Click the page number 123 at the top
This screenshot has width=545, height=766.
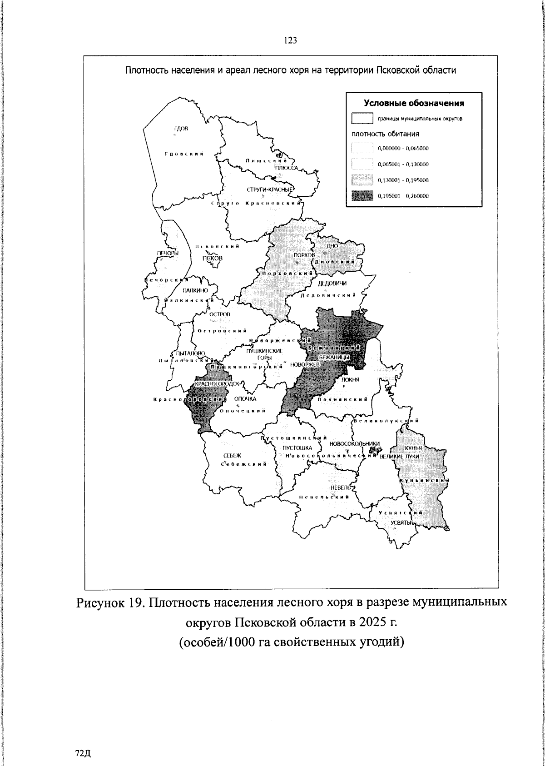(x=290, y=41)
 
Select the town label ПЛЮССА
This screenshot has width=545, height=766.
(x=286, y=168)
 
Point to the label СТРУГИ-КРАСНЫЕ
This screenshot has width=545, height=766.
(x=271, y=190)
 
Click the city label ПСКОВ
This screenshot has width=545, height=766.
(x=213, y=258)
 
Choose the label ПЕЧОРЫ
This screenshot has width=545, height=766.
(x=167, y=253)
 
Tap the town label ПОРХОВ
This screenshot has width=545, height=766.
(x=304, y=255)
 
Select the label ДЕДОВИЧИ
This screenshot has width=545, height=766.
(x=332, y=284)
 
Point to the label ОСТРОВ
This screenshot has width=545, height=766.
(x=220, y=314)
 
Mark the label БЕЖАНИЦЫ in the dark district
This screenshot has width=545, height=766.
(x=333, y=358)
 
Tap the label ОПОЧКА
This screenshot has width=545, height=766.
(x=245, y=399)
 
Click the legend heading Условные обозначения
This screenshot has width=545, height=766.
(x=414, y=103)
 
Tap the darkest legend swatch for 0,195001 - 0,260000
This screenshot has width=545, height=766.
(x=362, y=196)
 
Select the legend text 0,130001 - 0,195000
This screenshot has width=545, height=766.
(x=403, y=180)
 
